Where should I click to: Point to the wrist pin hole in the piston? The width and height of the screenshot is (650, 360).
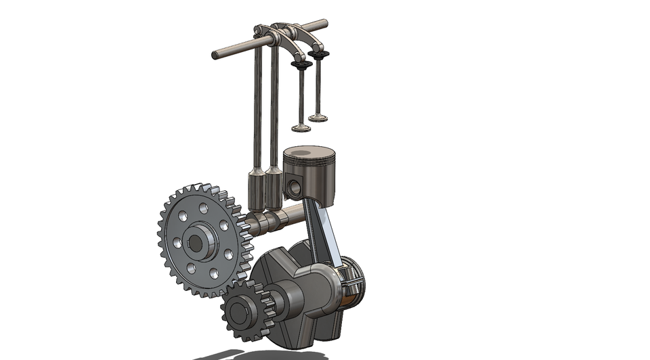[293, 183]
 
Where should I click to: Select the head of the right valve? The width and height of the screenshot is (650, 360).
[318, 118]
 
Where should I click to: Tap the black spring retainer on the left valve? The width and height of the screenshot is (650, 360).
[300, 65]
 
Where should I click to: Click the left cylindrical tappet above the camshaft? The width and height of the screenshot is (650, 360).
[257, 189]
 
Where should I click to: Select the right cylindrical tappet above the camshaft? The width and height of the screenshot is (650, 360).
[274, 187]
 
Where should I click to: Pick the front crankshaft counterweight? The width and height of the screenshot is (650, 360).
[281, 284]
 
